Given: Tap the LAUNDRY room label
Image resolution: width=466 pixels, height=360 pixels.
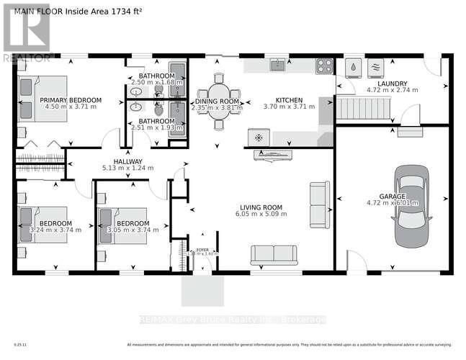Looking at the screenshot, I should [x=393, y=84].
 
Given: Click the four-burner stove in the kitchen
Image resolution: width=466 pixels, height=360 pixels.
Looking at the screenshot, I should [x=325, y=66].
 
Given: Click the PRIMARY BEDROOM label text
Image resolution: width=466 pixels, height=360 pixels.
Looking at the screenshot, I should [x=71, y=100].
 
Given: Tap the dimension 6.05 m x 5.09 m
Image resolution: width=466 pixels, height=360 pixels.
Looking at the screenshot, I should [x=261, y=215].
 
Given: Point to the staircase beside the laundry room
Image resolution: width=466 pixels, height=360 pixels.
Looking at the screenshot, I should [x=363, y=110].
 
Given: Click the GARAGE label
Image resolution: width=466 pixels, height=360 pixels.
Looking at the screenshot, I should [x=393, y=196].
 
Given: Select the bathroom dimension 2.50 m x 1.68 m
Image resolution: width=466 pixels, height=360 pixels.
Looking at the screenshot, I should [x=156, y=83].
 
